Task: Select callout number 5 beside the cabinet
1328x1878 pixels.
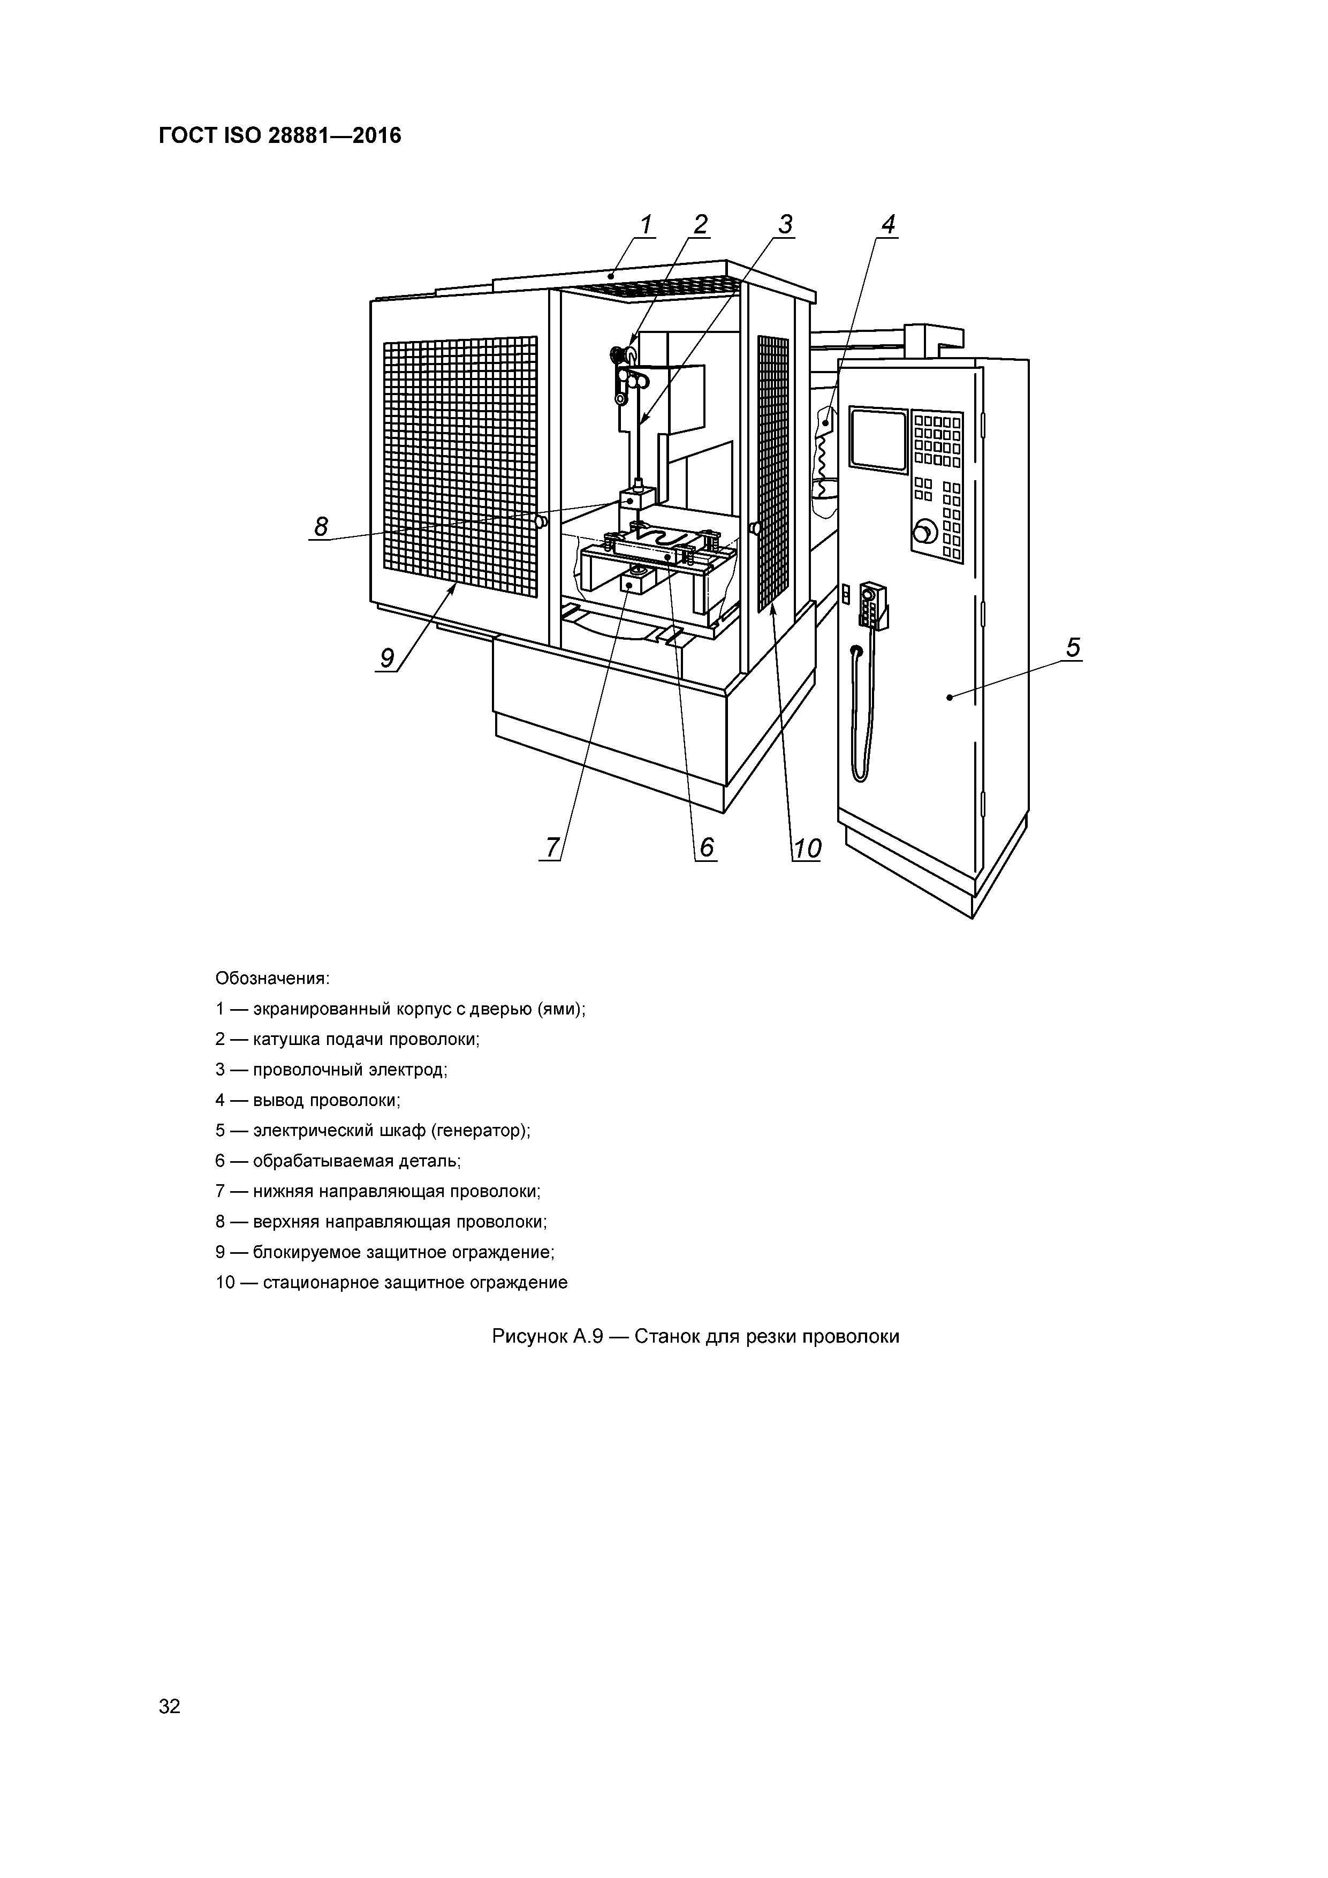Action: [1073, 648]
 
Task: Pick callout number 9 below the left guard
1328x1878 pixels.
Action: [387, 657]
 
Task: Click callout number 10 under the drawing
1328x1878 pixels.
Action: [806, 848]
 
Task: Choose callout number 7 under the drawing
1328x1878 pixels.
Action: [553, 848]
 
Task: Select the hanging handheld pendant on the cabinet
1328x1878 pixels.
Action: [874, 605]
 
